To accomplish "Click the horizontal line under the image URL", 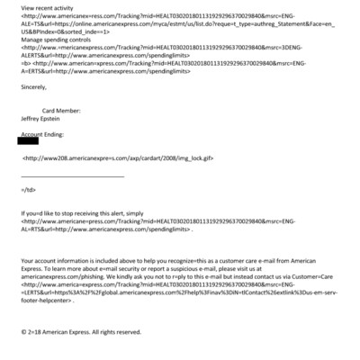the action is [72, 174].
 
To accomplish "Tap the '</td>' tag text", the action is [28, 191].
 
